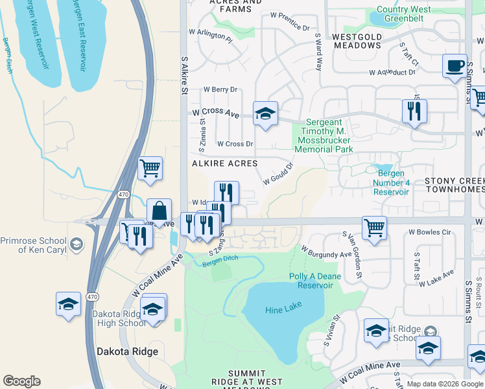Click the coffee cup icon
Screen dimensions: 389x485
(455, 66)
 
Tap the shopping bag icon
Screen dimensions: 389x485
(160, 211)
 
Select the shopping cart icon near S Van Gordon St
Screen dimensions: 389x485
(374, 228)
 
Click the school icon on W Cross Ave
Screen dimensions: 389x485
(265, 114)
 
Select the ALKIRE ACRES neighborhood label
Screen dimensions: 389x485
(224, 163)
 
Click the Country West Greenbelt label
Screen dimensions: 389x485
(403, 14)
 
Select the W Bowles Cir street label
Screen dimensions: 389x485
(429, 232)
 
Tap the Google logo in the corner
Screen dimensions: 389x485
(21, 381)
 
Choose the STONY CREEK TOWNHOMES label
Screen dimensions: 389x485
(454, 184)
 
